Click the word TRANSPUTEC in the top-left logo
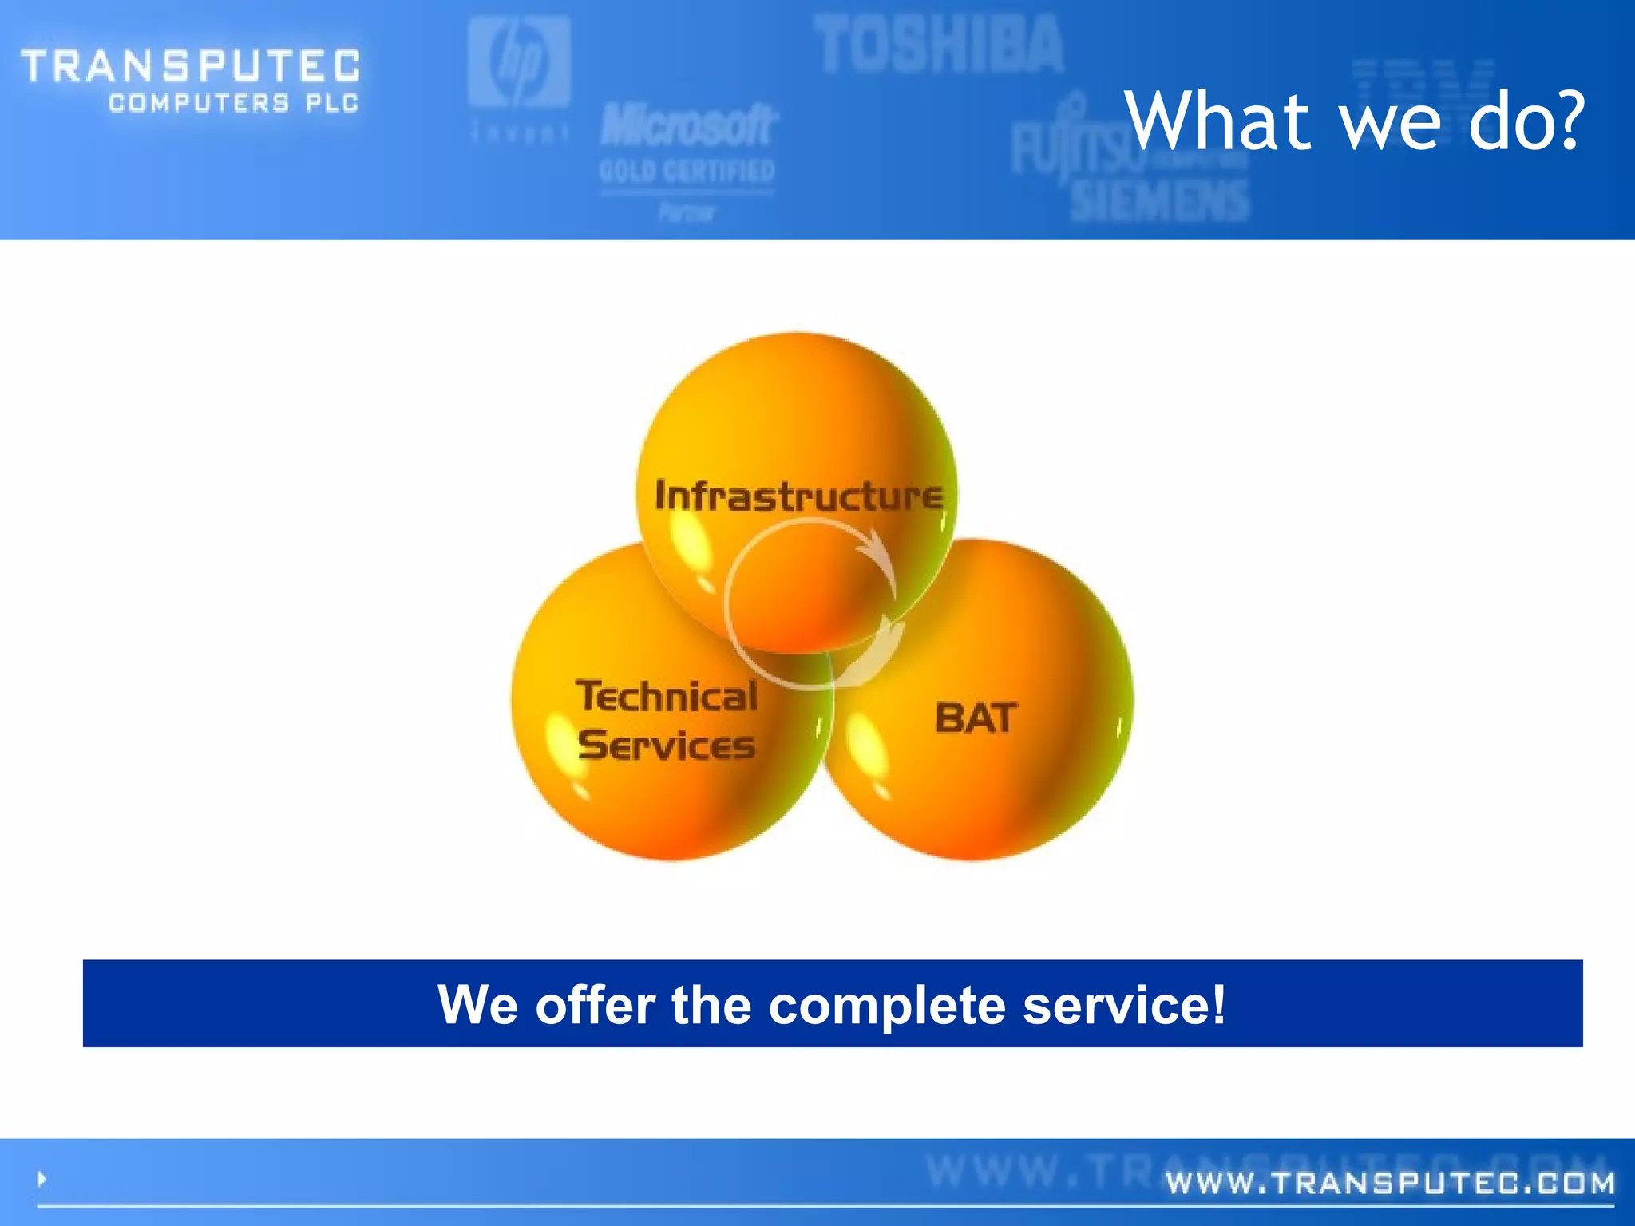tap(190, 65)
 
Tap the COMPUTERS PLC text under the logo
tap(234, 103)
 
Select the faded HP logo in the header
tap(519, 64)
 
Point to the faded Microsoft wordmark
tap(688, 126)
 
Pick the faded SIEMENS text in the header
tap(1159, 200)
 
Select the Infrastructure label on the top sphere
tap(798, 496)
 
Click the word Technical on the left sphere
tap(667, 696)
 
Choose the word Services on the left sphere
tap(667, 745)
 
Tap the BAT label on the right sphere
tap(976, 718)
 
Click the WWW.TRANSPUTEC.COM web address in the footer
tap(1390, 1183)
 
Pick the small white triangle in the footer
tap(42, 1178)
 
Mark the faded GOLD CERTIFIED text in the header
tap(687, 171)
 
